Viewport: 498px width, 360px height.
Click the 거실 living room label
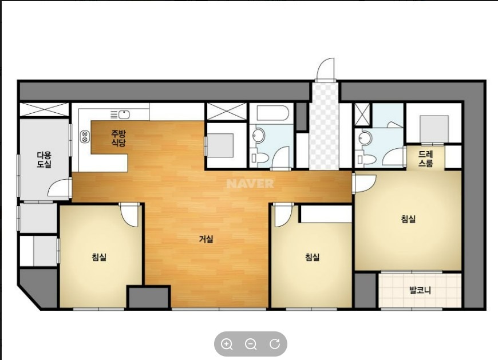click(x=206, y=239)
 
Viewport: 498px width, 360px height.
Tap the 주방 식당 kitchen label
click(x=118, y=138)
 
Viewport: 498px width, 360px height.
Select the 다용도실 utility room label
click(x=44, y=160)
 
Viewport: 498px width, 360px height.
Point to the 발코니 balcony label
click(x=420, y=290)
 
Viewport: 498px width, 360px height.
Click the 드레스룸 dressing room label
click(x=425, y=159)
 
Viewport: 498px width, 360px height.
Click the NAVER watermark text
click(x=250, y=184)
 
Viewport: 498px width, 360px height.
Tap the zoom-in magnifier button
click(x=227, y=344)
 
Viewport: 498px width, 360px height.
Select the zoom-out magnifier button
click(x=251, y=344)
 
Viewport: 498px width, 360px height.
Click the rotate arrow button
click(x=275, y=344)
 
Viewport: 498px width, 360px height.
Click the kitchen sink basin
click(x=124, y=114)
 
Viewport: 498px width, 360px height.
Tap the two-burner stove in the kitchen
click(x=85, y=136)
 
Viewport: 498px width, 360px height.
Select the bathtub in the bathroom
click(x=272, y=113)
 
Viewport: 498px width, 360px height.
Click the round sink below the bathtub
click(x=258, y=136)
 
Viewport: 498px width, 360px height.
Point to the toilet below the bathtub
click(x=259, y=158)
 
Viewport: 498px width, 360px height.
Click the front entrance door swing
click(x=326, y=69)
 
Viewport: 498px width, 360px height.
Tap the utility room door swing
click(x=59, y=188)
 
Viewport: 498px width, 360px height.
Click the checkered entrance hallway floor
click(x=324, y=126)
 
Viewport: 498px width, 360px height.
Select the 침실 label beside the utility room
click(x=99, y=256)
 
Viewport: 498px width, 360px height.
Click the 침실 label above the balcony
click(x=408, y=219)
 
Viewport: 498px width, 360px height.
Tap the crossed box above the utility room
click(x=44, y=109)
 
